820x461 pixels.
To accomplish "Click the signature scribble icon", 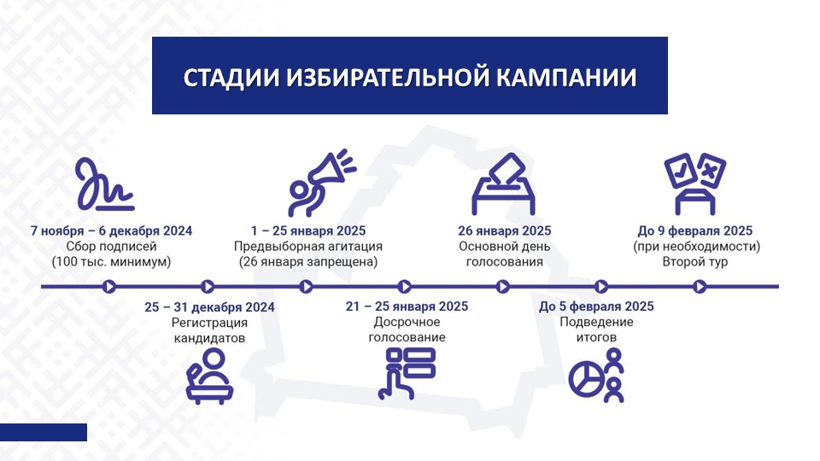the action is (x=105, y=184).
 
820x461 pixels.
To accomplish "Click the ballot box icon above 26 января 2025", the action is (x=503, y=184).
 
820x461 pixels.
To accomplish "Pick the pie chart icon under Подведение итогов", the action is (x=585, y=378).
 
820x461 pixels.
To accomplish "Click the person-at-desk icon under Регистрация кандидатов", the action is (x=209, y=376).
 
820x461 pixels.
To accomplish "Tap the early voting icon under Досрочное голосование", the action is (x=407, y=373).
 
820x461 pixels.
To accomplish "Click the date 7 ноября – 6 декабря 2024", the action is (x=111, y=230).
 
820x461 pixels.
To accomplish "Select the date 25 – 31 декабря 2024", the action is (x=209, y=306).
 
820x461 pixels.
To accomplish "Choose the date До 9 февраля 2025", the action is (x=695, y=230).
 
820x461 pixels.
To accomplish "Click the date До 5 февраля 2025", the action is (x=596, y=306).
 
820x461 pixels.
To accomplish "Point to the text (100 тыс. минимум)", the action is (x=111, y=261).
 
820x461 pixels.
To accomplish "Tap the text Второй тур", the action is (x=695, y=261).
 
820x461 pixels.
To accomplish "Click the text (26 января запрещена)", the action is (x=308, y=261).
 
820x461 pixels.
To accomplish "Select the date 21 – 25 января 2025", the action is (x=407, y=306).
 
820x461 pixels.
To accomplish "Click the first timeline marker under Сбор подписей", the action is (x=109, y=287).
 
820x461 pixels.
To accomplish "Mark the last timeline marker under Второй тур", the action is (x=700, y=287).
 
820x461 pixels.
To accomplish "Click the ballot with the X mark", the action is (x=710, y=171).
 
